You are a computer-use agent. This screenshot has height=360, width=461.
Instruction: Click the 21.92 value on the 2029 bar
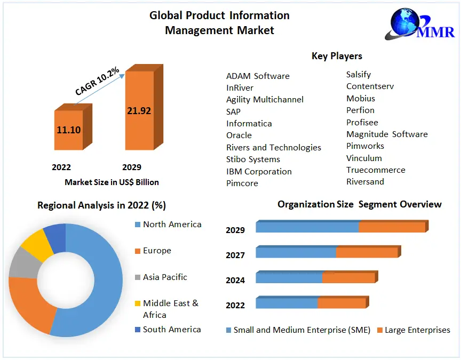pos(139,111)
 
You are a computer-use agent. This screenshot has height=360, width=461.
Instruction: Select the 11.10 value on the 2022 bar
pos(68,130)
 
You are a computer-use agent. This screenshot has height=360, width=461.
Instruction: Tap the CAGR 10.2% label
pos(97,82)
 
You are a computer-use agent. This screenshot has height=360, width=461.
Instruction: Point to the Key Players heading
pos(337,56)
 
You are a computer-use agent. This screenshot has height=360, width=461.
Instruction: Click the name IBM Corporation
pos(259,171)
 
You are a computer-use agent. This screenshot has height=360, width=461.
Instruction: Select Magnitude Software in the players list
pos(387,134)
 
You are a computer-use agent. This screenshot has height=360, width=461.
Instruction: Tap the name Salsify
pos(359,74)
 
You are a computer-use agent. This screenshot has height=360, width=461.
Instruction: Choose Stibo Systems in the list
pos(253,159)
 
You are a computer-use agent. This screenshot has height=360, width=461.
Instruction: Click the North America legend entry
pos(172,225)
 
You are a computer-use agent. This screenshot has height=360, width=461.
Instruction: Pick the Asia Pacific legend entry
pos(165,277)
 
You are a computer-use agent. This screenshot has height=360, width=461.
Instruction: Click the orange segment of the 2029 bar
pos(392,227)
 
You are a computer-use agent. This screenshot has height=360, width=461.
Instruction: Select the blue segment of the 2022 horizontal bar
pos(287,303)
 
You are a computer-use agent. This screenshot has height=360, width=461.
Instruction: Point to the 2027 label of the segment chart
pos(235,255)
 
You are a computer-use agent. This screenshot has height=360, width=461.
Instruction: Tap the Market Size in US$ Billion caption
pos(112,182)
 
